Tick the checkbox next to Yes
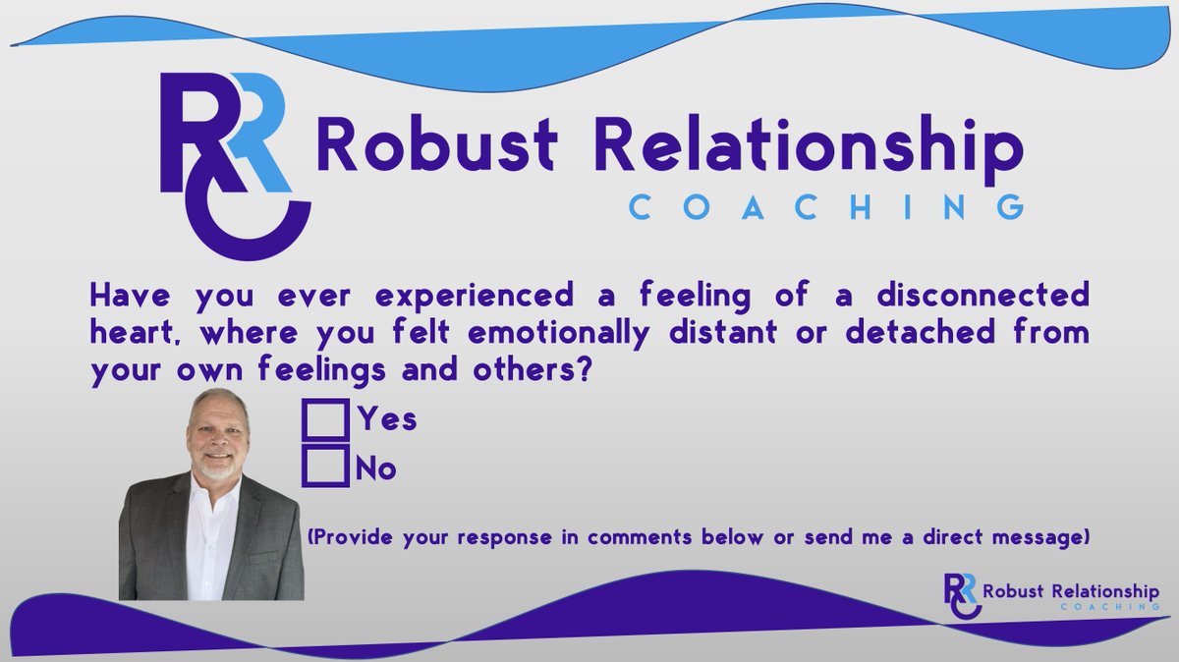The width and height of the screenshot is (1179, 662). [325, 419]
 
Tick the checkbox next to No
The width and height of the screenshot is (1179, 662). [325, 467]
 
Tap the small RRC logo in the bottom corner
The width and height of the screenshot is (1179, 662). [959, 595]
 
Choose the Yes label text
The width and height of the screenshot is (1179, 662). [387, 420]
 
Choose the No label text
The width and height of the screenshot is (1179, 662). [377, 469]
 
